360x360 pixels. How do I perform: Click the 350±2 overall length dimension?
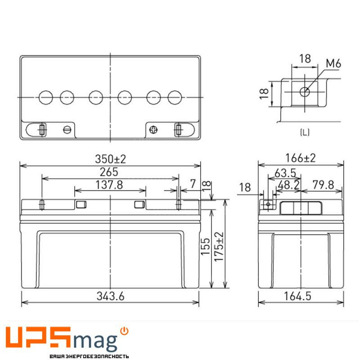pos(110,159)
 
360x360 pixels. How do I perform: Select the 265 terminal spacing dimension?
pos(110,172)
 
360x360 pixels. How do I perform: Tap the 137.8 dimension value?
pos(110,185)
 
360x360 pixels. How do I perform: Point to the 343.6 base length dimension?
pos(110,296)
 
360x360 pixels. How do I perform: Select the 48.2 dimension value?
pos(289,185)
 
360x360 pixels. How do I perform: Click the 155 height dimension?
pos(205,247)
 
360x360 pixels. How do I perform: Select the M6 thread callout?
pos(333,63)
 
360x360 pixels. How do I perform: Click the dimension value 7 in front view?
pos(193,184)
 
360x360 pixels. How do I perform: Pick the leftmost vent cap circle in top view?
pos(46,97)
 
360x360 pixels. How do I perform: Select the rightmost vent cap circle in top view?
pos(174,97)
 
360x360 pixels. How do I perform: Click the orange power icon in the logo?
pos(125,331)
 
